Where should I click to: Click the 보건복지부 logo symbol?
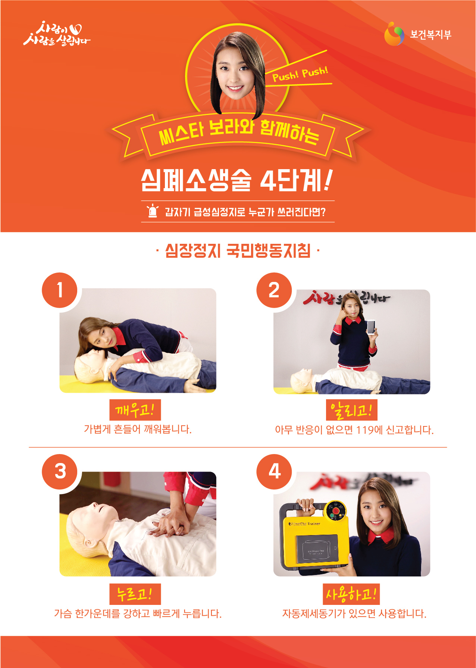[394, 34]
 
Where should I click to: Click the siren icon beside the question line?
[153, 211]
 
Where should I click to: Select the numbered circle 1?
[60, 290]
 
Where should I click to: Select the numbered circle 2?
[274, 290]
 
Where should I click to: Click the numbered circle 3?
[60, 472]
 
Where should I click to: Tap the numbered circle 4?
[274, 472]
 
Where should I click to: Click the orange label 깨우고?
[135, 410]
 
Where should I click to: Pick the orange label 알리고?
[352, 410]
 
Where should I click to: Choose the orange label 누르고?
[135, 594]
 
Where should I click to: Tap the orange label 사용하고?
[351, 594]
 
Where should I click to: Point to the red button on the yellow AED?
[336, 510]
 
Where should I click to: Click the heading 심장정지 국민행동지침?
[238, 251]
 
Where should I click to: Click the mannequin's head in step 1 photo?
[90, 368]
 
